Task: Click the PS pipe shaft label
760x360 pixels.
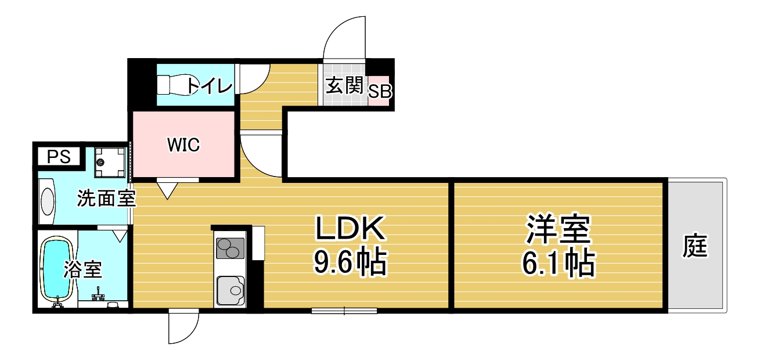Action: coord(59,157)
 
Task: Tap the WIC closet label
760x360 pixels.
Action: coord(183,145)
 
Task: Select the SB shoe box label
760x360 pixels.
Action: coord(380,91)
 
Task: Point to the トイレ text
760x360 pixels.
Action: coord(210,86)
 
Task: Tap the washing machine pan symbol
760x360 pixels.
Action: coord(110,163)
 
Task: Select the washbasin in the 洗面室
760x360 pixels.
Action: coord(47,201)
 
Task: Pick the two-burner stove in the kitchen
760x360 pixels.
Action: coord(230,249)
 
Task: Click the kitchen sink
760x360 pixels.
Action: coord(230,290)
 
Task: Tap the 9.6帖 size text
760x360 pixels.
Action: coord(351,262)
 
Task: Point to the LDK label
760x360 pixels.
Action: coord(351,228)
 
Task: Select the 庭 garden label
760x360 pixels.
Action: coord(695,245)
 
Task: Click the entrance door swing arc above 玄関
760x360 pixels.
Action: coord(344,37)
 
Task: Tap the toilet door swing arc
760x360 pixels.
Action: coord(254,79)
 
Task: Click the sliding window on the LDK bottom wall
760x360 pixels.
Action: coord(344,311)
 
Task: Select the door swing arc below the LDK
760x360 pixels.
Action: coord(183,326)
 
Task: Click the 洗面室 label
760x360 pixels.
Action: coord(106,198)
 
